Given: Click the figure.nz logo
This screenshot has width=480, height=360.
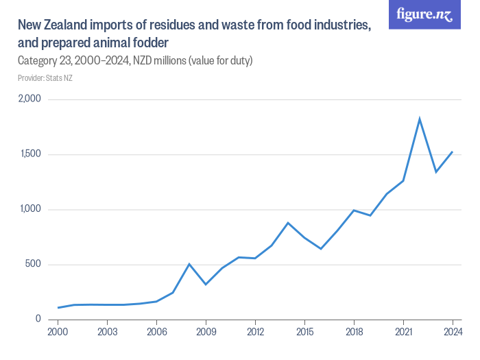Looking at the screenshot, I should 424,14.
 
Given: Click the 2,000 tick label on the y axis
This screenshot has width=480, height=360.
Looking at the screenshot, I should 30,99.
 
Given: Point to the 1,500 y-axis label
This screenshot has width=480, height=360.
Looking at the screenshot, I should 30,154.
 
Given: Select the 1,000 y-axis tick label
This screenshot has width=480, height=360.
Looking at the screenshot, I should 30,209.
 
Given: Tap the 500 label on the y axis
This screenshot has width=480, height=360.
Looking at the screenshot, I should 34,265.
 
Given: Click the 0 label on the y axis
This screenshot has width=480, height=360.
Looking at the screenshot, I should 39,320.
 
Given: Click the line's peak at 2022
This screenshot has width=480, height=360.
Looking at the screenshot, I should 420,119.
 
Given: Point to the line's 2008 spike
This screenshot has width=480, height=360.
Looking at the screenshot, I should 189,264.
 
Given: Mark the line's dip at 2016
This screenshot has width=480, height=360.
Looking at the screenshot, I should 321,249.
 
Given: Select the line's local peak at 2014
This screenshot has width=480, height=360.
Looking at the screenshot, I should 288,223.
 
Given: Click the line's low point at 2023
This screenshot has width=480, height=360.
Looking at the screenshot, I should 436,171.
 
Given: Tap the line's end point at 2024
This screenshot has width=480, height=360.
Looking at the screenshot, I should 453,152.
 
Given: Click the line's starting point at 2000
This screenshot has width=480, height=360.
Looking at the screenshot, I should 58,308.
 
